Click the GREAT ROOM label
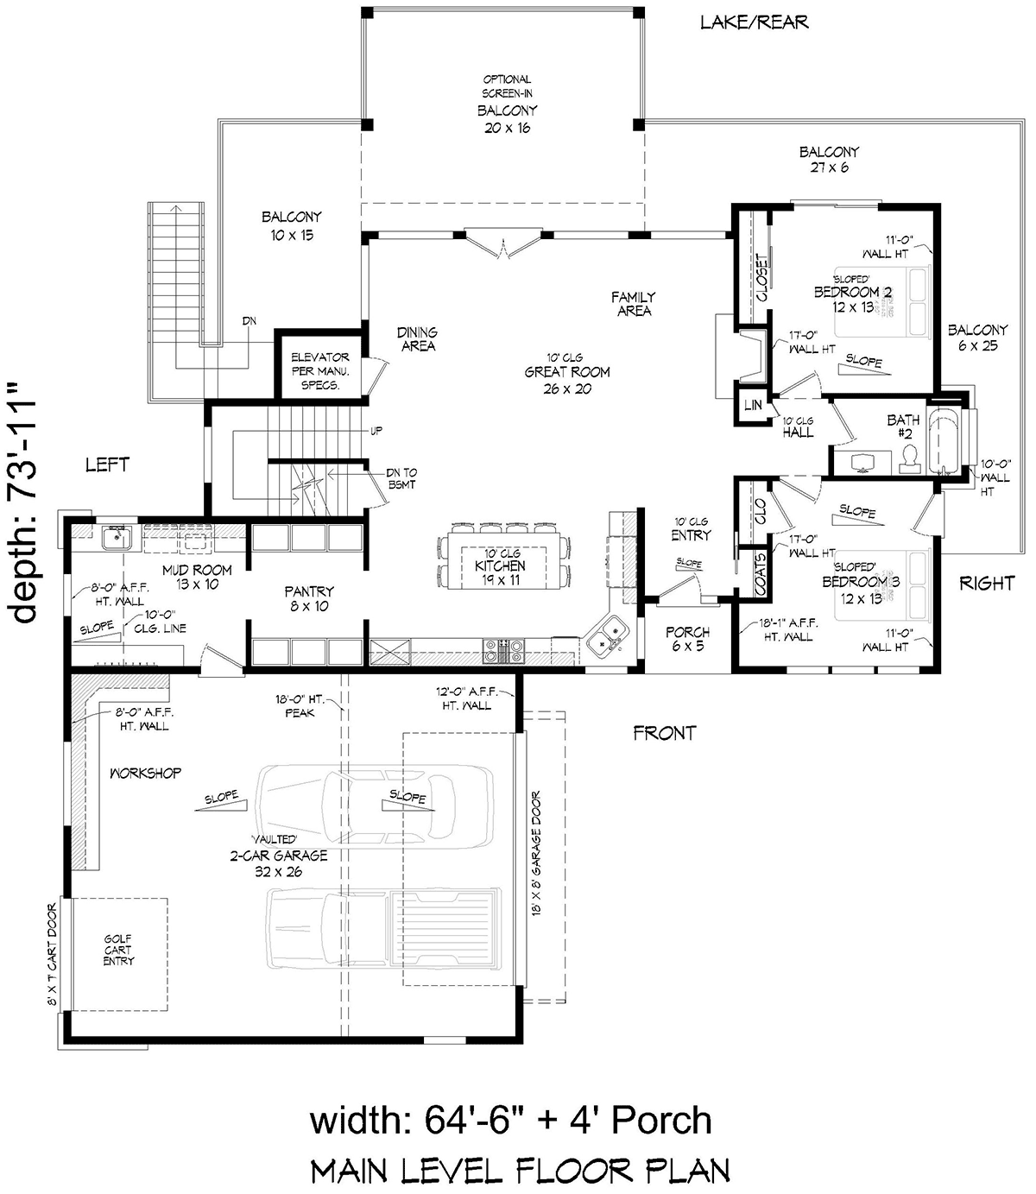coord(567,372)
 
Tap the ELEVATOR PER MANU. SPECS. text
coord(320,371)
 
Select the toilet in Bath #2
coord(909,459)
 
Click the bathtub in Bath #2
coord(944,441)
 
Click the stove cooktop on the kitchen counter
coord(502,651)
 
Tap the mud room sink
coord(117,538)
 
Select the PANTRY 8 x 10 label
coord(309,599)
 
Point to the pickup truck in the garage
coord(384,928)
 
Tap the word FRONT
coord(665,733)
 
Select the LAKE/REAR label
coord(755,22)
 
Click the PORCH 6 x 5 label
coord(688,639)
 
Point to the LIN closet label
coord(753,404)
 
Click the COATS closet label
coord(760,574)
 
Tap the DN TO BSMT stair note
coord(401,478)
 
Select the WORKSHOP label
coord(145,774)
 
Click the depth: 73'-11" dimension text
coord(22,502)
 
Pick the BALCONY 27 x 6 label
coord(829,160)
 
